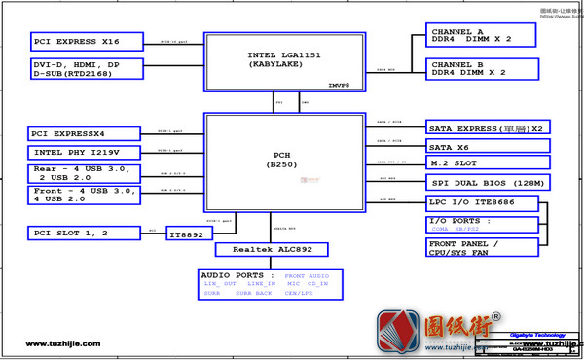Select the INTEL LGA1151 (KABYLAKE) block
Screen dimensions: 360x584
click(284, 61)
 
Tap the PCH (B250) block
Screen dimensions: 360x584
click(283, 160)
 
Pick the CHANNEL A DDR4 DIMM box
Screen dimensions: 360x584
click(481, 35)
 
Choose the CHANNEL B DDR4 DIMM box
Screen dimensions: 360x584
click(481, 68)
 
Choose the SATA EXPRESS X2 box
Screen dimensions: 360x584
click(488, 128)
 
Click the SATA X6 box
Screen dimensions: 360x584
click(488, 146)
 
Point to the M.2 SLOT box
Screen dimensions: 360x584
click(488, 163)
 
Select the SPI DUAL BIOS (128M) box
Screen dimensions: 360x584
click(488, 182)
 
